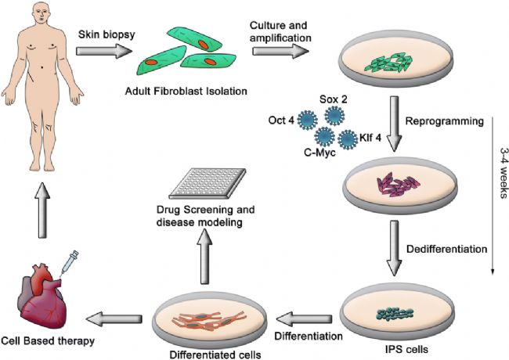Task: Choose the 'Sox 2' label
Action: click(334, 99)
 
